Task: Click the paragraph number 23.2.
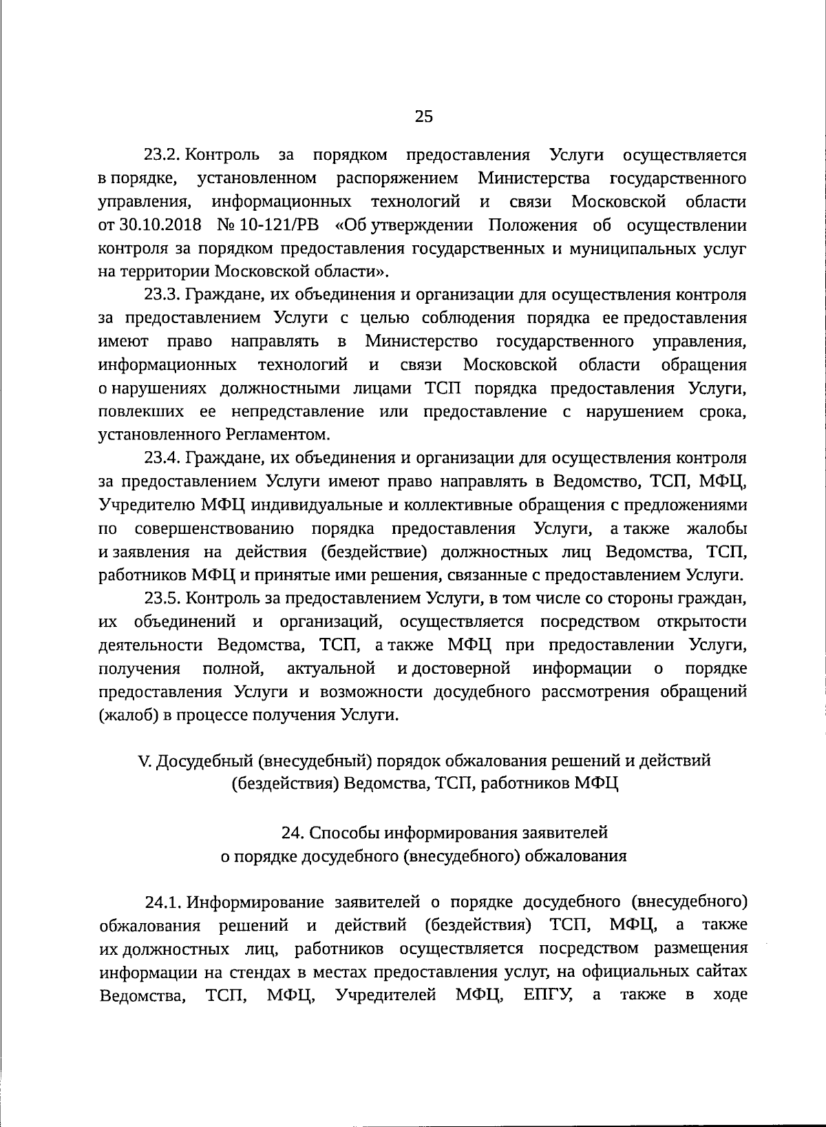pyautogui.click(x=162, y=155)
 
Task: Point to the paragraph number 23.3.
pyautogui.click(x=162, y=295)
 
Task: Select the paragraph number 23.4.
pyautogui.click(x=162, y=458)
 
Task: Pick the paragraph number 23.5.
pyautogui.click(x=162, y=598)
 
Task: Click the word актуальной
pyautogui.click(x=331, y=668)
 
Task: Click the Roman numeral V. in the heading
pyautogui.click(x=145, y=761)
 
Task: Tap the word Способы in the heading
pyautogui.click(x=342, y=832)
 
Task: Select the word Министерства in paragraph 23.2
pyautogui.click(x=534, y=178)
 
